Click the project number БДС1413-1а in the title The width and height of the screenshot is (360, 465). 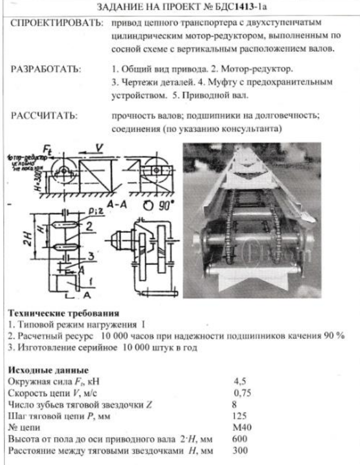(x=243, y=9)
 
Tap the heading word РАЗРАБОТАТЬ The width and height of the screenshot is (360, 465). (x=46, y=70)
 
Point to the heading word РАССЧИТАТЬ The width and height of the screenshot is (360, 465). (x=44, y=116)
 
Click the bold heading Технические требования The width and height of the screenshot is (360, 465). (x=63, y=314)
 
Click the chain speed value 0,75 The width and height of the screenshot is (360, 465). (x=242, y=392)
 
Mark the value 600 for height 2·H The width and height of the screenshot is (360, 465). (x=240, y=439)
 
